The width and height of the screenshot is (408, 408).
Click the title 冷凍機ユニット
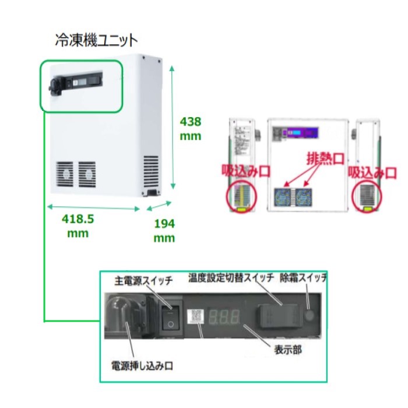point(96,40)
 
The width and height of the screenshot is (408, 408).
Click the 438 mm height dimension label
point(190,129)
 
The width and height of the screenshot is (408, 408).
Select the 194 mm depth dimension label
point(164,231)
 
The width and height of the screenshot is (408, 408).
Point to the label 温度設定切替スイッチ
point(231,278)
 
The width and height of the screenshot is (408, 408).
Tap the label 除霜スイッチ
point(303,278)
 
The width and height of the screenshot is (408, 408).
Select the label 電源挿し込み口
point(142,367)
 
